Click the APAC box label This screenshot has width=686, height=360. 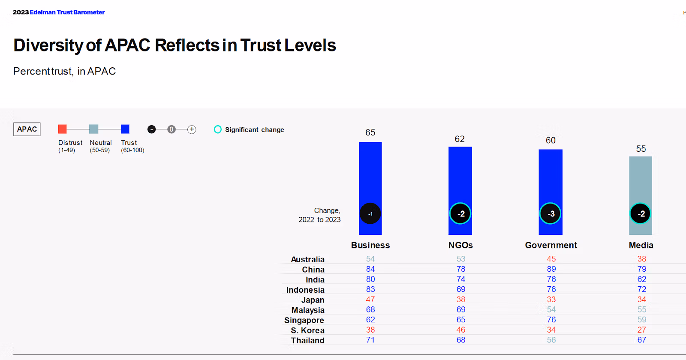coord(27,129)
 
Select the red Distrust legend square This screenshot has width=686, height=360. coord(63,129)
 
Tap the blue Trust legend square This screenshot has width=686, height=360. coord(125,129)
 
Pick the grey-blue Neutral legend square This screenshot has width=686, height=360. coord(94,129)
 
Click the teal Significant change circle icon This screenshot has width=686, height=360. coord(218,129)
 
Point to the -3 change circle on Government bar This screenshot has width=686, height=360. coord(551,213)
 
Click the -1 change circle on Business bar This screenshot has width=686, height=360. coord(370,213)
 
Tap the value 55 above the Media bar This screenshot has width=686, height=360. coord(641,149)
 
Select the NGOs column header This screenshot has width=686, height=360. coord(460,245)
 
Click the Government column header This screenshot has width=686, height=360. coord(551,245)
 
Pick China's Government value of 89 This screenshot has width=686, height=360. coord(551,269)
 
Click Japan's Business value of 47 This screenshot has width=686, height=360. coord(370,300)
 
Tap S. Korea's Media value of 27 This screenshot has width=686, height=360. coord(641,330)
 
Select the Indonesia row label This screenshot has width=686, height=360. coord(305,290)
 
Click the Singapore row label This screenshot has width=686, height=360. coord(304,320)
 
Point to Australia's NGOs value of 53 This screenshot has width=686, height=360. coord(461,259)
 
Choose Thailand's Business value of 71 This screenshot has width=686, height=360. coord(370,340)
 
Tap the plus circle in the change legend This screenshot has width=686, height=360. coord(192,129)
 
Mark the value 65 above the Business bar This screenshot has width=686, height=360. coord(370,132)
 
